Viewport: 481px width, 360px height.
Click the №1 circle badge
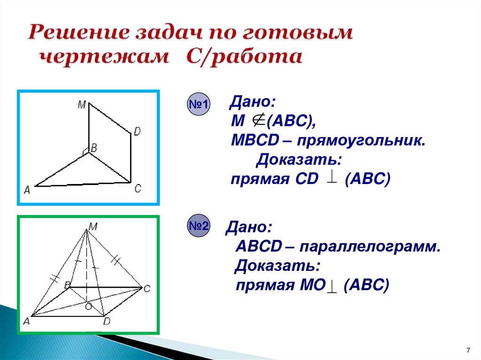[199, 104]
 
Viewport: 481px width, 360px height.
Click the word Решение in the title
[78, 33]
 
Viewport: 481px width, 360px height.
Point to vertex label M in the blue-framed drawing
[82, 106]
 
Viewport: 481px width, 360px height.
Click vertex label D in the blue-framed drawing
[137, 132]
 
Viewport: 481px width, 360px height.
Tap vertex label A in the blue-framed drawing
[27, 190]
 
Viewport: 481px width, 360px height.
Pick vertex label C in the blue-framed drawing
[138, 189]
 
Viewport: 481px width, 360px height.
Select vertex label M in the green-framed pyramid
[93, 227]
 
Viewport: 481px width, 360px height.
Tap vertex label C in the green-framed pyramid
[147, 289]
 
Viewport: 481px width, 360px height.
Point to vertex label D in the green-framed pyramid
[107, 322]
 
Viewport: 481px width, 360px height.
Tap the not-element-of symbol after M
[258, 121]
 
